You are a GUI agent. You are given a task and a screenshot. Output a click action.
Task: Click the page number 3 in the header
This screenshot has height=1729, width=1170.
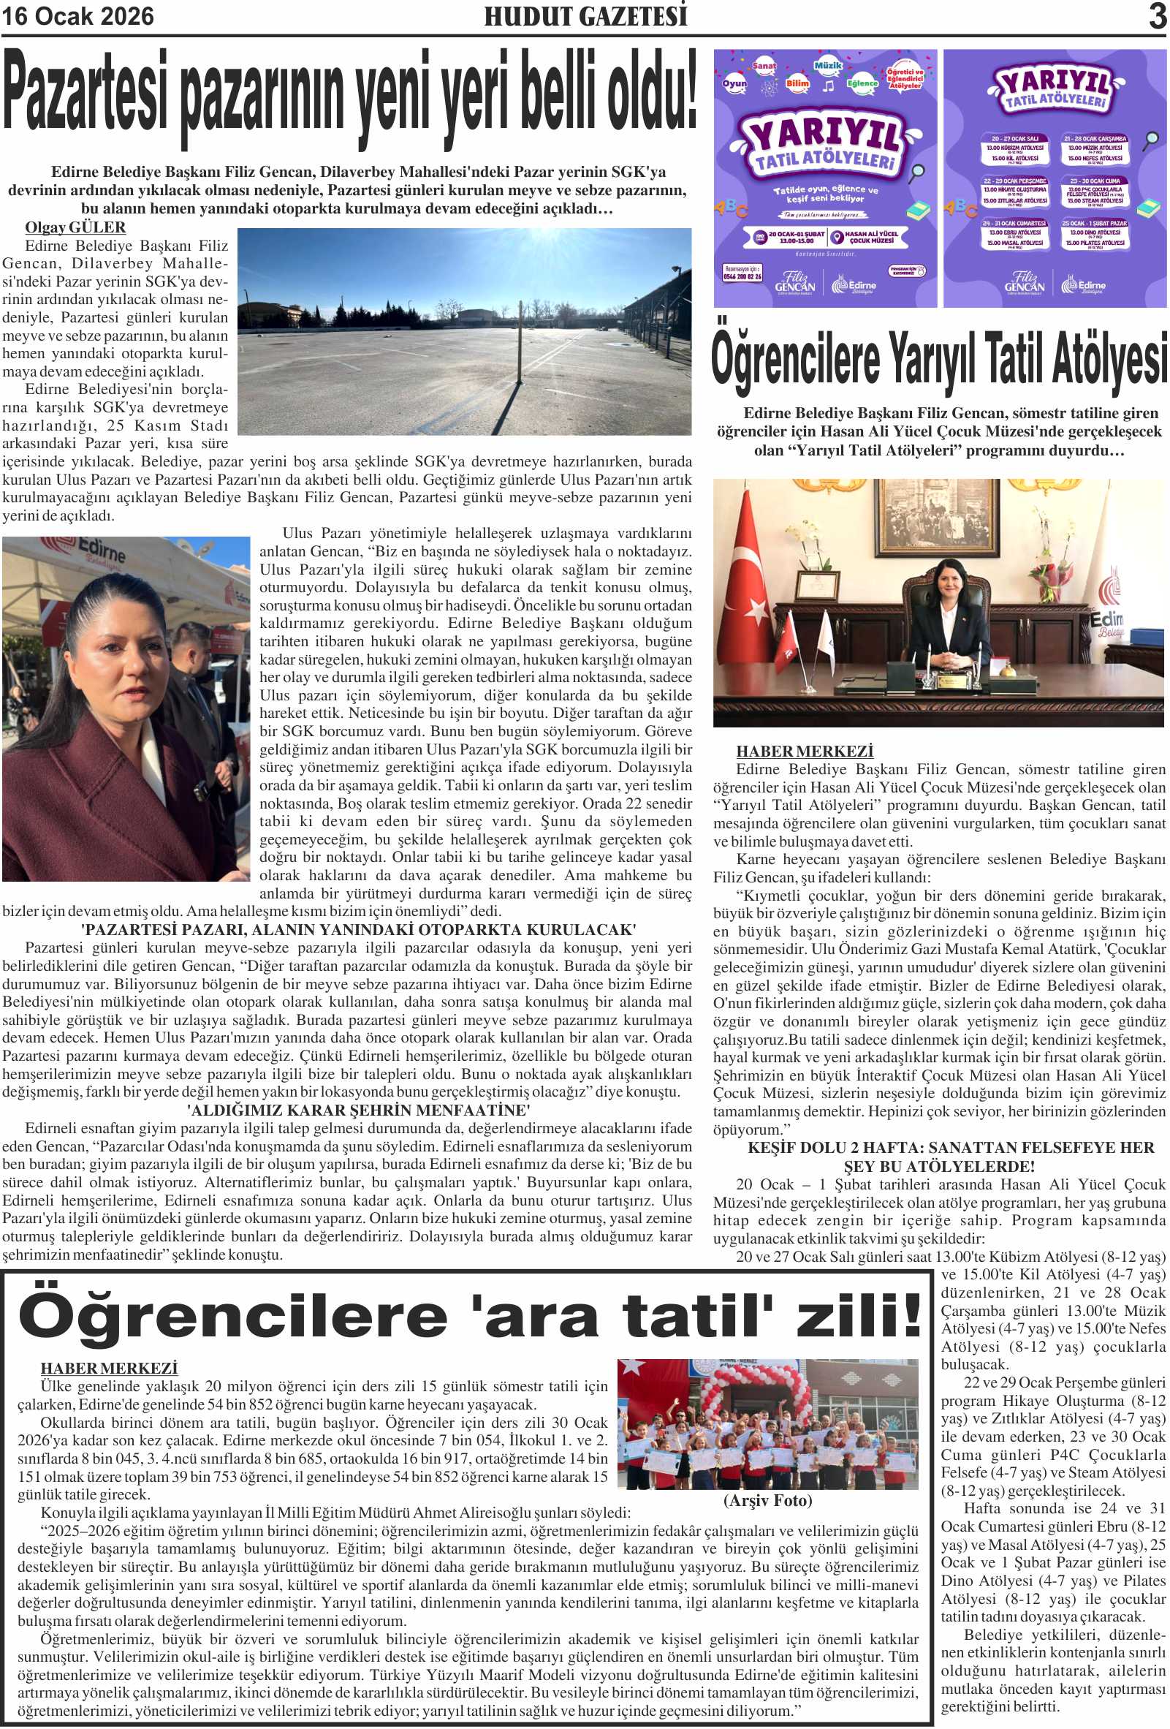coord(1157,16)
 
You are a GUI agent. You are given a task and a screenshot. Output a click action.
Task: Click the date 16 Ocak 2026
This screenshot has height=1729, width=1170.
coord(77,16)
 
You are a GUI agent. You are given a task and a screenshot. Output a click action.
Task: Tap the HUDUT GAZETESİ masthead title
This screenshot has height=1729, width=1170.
coord(585,16)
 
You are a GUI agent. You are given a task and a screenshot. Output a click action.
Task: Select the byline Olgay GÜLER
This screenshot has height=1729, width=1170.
coord(75,227)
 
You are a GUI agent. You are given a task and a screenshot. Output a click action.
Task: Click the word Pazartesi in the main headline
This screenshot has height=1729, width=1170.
coord(86,93)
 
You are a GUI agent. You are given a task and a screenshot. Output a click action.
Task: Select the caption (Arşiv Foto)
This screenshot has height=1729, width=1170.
coord(767,1500)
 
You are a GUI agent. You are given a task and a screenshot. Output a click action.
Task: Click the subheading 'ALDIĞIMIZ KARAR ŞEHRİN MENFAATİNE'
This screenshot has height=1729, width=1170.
coord(359,1110)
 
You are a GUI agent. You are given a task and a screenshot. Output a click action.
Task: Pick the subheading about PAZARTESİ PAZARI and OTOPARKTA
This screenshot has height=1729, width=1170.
coord(359,929)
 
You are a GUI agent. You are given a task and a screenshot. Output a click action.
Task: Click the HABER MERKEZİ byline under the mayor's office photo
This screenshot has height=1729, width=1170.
coord(804,751)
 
